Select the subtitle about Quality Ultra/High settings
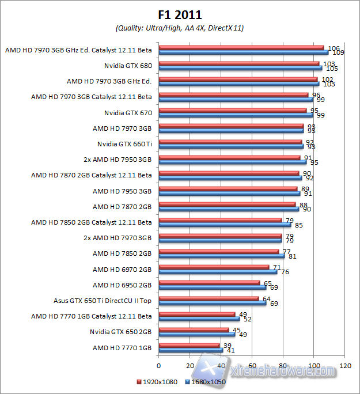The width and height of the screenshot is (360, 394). coord(180,28)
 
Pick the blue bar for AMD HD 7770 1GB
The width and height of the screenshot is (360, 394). coord(191,350)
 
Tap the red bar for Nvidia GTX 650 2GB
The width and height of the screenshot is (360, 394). coord(194,330)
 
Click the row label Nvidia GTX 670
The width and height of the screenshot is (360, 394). coord(128,112)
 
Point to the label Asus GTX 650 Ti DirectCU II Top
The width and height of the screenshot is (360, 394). coord(103,300)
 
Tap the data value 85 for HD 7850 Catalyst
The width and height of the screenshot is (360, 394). coord(298,225)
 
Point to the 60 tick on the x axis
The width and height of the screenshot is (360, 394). coord(252,366)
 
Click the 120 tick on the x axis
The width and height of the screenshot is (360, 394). coord(345,366)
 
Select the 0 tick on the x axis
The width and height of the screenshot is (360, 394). coord(158,366)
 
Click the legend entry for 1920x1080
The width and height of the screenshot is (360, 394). coord(158,381)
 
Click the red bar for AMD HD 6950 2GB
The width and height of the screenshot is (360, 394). coord(209,283)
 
